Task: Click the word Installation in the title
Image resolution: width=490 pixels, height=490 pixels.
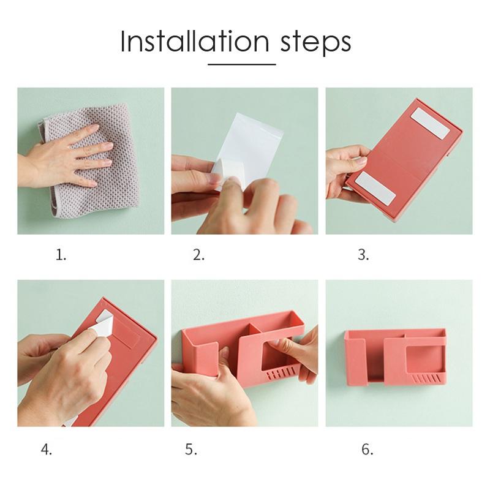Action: pos(194,41)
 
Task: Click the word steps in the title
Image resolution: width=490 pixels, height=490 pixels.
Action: pos(315,43)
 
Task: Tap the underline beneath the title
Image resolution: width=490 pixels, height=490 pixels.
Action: pos(241,64)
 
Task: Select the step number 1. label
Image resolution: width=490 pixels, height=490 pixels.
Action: pos(61,255)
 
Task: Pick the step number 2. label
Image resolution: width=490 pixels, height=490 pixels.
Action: pos(198,255)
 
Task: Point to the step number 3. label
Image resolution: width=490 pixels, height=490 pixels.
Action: pos(363,255)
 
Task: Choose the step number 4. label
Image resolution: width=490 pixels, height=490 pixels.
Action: pos(47,450)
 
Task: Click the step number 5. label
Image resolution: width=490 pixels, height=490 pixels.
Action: pos(191,450)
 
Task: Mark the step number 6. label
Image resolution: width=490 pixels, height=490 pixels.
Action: pos(367,450)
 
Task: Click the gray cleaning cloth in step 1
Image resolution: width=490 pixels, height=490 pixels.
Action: pos(94,162)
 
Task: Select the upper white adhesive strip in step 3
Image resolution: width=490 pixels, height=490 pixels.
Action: pos(431,123)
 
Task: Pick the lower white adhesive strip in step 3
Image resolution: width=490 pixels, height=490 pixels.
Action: pos(376,188)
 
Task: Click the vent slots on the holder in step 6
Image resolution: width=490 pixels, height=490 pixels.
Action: pos(427,379)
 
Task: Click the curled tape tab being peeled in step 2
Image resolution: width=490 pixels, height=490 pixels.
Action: pos(225,170)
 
